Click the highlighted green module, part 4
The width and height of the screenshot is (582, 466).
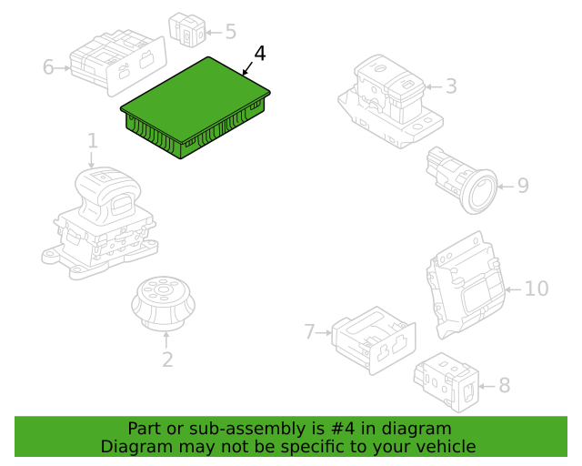tap(195, 107)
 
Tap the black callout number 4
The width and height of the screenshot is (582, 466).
tap(260, 54)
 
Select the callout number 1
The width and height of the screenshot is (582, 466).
tap(93, 141)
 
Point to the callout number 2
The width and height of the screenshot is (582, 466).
tap(167, 360)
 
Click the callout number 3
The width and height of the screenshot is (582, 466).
tap(451, 86)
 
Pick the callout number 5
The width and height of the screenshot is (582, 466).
tap(230, 32)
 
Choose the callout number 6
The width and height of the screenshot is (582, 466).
tap(48, 67)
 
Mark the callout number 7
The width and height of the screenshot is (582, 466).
tap(309, 331)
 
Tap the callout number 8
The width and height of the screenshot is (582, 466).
tap(505, 385)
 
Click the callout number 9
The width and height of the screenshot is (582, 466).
tap(523, 186)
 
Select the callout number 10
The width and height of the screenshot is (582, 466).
tap(537, 289)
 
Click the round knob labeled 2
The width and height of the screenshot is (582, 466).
tap(164, 303)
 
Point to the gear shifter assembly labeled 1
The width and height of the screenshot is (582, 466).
tap(99, 223)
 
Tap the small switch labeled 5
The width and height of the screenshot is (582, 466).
tap(187, 30)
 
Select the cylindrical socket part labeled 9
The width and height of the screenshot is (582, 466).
tap(462, 180)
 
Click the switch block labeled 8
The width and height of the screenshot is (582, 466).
tap(447, 382)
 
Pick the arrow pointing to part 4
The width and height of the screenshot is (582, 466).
tap(247, 68)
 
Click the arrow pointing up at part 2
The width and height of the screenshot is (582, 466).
tap(166, 340)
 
